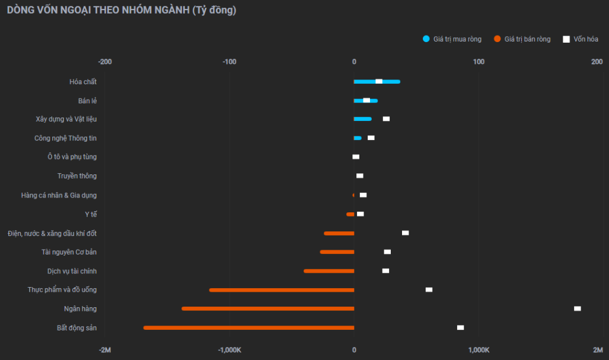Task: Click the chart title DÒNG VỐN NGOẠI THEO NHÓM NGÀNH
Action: [122, 11]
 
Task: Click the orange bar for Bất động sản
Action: [249, 327]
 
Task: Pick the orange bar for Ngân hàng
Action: [268, 308]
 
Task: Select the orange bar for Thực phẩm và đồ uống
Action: [282, 290]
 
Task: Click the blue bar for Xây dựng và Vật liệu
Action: [363, 119]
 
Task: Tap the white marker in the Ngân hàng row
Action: [577, 308]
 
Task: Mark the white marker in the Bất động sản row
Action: [460, 327]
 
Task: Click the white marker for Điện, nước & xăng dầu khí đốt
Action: [405, 233]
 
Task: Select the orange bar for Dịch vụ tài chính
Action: [329, 271]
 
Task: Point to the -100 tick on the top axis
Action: [229, 62]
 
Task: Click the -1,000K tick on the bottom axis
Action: [229, 349]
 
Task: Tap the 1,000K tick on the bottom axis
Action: [479, 349]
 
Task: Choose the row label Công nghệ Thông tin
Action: [65, 138]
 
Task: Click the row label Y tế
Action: [91, 214]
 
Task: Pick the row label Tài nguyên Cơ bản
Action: [69, 252]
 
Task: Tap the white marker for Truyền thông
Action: [359, 176]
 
